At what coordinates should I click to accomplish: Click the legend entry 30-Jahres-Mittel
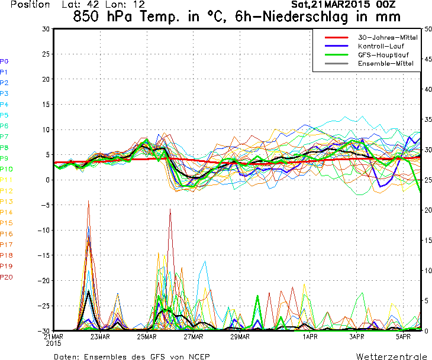pos(388,37)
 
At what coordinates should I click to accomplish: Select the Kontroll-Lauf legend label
pos(381,46)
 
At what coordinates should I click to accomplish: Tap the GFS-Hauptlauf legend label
pos(383,55)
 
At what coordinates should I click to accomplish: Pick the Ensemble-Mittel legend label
pos(386,64)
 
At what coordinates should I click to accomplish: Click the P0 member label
pos(4,61)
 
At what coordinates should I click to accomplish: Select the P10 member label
pos(7,169)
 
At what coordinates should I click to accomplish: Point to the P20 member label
pos(7,277)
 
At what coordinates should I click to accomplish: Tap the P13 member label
pos(7,202)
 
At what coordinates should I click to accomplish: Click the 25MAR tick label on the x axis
pos(147,336)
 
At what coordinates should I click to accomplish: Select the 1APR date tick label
pos(310,336)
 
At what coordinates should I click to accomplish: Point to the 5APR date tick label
pos(404,336)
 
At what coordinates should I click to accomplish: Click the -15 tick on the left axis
pos(44,255)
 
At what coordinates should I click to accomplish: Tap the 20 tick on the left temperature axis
pos(46,79)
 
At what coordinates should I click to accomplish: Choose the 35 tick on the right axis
pos(428,119)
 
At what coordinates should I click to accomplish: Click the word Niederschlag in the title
pos(305,17)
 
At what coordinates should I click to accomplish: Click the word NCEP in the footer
pos(199,356)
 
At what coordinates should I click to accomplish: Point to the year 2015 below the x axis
pos(53,343)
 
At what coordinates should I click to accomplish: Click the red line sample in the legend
pos(336,37)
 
